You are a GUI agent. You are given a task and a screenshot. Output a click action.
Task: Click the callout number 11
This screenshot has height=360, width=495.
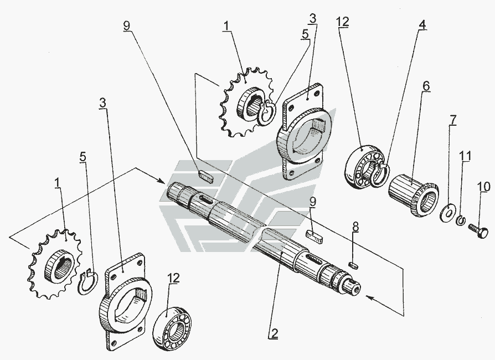coord(466,157)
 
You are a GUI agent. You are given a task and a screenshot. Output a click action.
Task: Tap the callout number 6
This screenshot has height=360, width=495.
coord(425,86)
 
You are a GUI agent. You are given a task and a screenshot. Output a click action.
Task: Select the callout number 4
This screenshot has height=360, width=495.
coord(422,25)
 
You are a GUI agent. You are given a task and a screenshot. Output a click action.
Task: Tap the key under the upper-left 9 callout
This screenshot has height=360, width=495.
coord(205,177)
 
